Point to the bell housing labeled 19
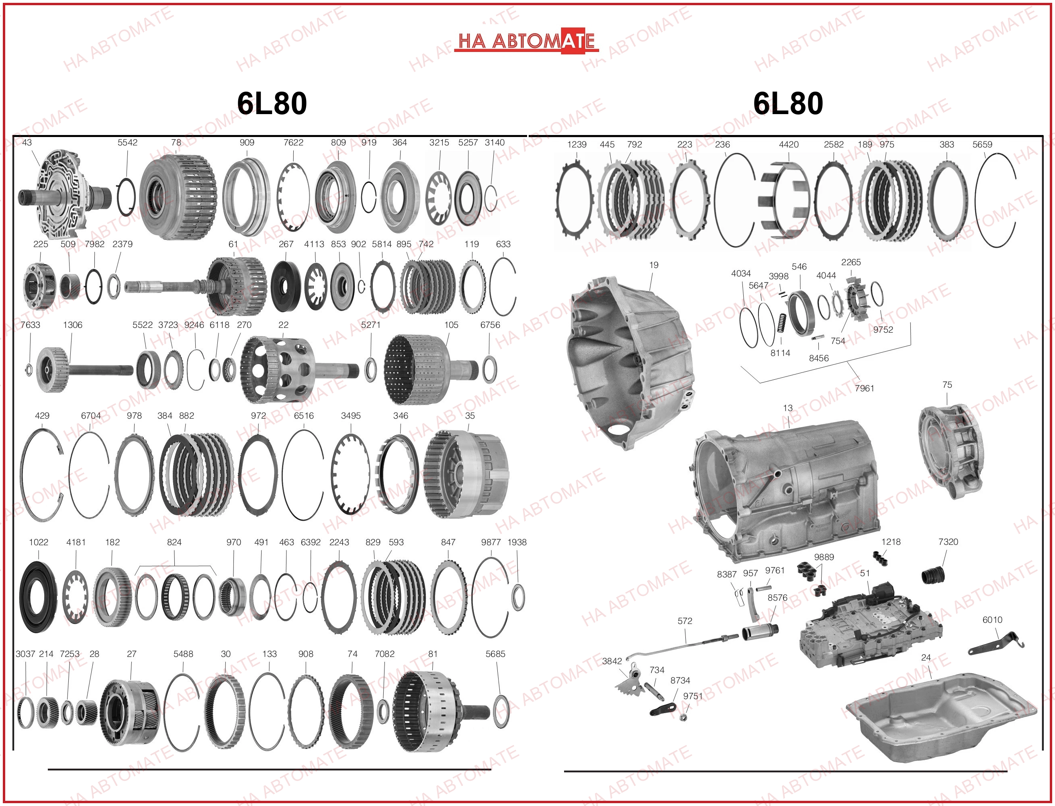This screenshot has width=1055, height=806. click(631, 362)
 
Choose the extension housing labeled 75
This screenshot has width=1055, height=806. click(950, 451)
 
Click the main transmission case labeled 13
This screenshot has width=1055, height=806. click(787, 489)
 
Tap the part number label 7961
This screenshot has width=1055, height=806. click(864, 388)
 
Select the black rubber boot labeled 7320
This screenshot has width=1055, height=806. click(933, 575)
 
